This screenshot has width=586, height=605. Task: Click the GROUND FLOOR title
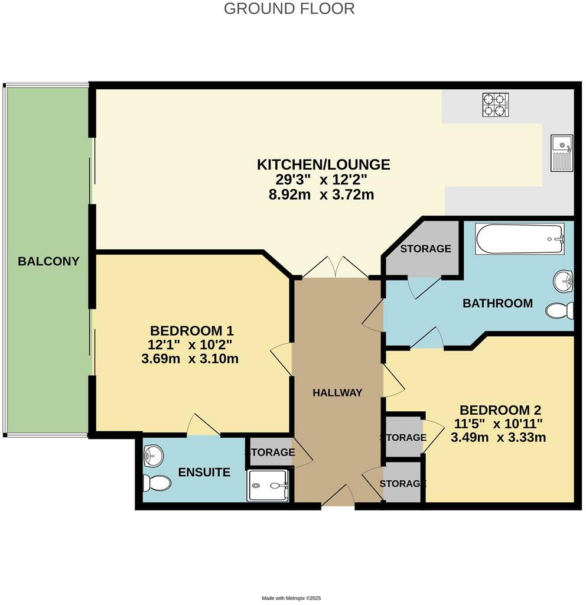289,8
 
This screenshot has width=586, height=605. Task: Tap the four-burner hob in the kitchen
496,105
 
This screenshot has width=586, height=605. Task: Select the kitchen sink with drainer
562,153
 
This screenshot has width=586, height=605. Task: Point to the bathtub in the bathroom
520,239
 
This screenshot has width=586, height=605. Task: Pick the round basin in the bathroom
564,281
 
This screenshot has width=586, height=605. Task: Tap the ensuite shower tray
268,486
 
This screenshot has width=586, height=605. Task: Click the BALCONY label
48,261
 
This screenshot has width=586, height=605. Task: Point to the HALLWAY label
337,392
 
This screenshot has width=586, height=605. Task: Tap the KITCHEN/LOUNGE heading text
323,164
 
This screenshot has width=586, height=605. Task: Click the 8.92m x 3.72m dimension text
321,194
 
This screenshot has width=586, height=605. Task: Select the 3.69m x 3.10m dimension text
190,359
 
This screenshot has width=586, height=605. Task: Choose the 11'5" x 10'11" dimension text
498,424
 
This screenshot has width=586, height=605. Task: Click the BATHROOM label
497,303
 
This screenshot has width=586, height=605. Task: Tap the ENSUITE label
204,472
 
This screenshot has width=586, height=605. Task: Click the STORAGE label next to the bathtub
425,249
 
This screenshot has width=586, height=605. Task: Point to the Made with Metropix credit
291,598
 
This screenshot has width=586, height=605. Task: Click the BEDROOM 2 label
500,410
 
